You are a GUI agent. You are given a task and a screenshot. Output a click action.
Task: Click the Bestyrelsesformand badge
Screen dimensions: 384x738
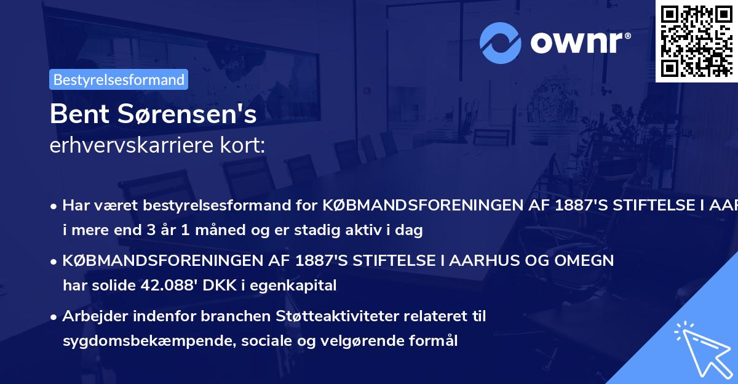[x=119, y=79]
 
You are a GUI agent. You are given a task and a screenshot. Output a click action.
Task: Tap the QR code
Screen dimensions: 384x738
[x=697, y=41]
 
